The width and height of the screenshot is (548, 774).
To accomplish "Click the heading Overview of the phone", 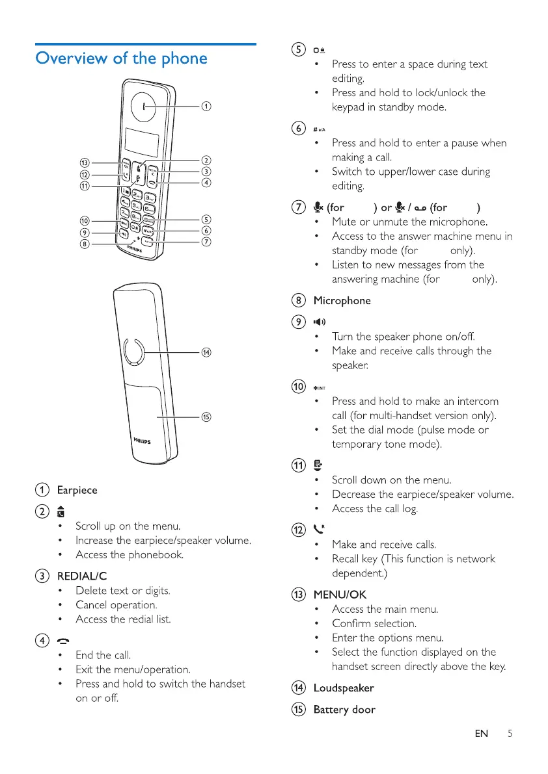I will pos(122,58).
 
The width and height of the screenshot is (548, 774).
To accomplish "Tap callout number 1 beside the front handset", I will pos(205,106).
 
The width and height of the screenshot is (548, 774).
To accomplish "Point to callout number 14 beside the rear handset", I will pos(206,353).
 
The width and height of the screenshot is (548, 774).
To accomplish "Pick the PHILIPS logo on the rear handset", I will pos(139,441).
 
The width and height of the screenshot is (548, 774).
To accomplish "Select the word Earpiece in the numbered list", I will pos(77,490).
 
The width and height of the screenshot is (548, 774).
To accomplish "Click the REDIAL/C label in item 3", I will pos(82,576).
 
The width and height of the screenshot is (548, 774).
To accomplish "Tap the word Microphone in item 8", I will pos(342,301).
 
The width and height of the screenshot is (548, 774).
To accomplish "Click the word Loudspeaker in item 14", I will pos(344,688).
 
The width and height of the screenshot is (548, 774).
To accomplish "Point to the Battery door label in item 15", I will pos(344,710).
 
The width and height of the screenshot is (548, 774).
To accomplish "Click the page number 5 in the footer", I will pos(510,734).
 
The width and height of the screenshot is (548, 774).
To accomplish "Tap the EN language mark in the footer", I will pos(482,734).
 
